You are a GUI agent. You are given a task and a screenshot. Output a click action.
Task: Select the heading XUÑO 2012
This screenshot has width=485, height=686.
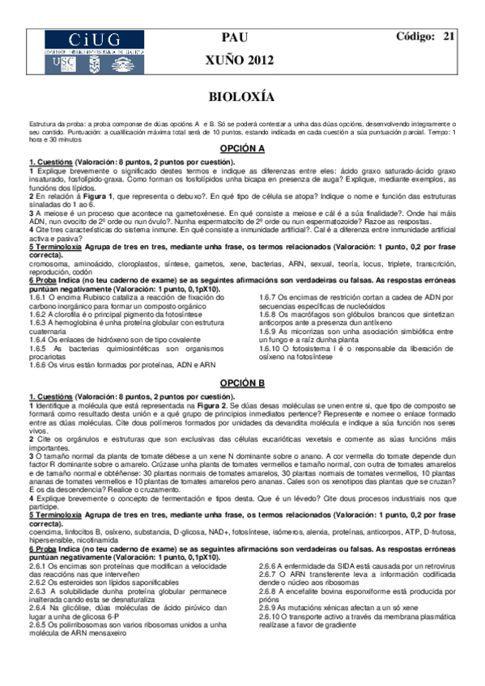click(241, 61)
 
